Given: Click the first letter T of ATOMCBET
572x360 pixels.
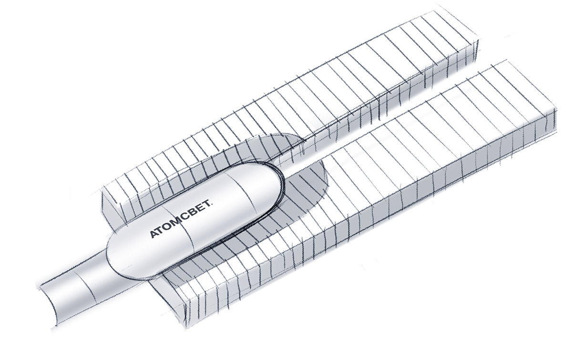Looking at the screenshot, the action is [162, 230].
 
